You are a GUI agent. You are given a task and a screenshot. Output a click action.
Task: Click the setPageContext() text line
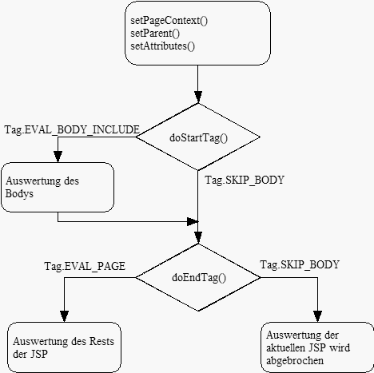[169, 21]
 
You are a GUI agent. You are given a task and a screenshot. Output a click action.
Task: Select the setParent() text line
[155, 34]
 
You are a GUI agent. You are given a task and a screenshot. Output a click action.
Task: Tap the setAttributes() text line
[162, 46]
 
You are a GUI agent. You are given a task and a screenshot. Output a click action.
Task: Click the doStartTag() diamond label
[198, 138]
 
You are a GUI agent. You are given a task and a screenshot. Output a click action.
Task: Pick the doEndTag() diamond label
[199, 278]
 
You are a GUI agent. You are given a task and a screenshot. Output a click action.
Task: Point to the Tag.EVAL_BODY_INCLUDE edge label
[72, 130]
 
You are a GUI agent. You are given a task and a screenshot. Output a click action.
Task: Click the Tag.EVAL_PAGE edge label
[85, 266]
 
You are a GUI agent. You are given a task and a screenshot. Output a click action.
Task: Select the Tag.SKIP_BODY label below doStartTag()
[245, 181]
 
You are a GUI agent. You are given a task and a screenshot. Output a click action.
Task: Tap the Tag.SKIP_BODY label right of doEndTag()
[300, 265]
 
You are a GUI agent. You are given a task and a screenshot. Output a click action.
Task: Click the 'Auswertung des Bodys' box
[58, 187]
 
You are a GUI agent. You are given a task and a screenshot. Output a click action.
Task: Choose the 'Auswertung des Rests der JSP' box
[64, 347]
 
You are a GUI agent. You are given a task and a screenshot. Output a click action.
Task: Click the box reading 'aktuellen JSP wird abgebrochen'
[317, 347]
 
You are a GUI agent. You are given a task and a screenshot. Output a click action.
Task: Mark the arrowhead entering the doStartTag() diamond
[198, 97]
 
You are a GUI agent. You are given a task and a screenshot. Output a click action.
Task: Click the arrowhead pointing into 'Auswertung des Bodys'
[58, 157]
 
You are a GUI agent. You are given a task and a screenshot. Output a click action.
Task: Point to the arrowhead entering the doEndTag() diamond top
[198, 238]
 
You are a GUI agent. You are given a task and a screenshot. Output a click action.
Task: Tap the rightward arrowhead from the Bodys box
[193, 221]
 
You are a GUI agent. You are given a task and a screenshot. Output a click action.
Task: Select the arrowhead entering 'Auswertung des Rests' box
[64, 316]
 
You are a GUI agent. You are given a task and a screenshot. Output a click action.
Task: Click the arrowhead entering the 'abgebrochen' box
[317, 316]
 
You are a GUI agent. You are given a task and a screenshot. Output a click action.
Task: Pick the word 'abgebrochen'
[295, 361]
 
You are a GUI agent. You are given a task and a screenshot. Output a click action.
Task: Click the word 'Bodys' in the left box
[19, 194]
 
